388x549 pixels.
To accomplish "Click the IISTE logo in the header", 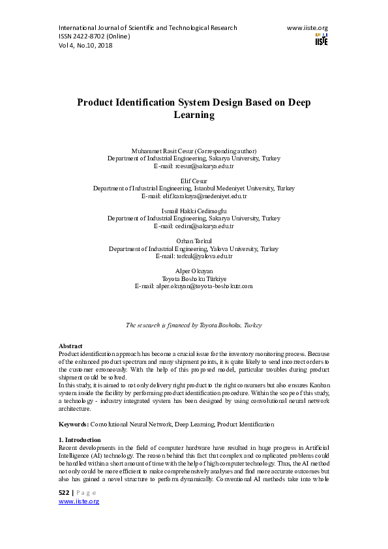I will [x=321, y=38].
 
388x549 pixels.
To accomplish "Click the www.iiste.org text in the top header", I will [x=307, y=28].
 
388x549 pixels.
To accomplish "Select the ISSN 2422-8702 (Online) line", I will [x=95, y=37].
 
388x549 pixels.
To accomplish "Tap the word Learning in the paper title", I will [x=194, y=115].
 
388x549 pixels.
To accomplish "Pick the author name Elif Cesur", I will [x=194, y=181].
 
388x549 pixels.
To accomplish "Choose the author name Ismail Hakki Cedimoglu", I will [x=194, y=211].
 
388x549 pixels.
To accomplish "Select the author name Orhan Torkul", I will [x=194, y=241].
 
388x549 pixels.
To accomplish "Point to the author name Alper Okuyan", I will [x=194, y=271].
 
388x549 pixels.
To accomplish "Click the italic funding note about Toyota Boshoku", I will [x=194, y=324].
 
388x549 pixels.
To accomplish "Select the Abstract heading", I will [x=70, y=346].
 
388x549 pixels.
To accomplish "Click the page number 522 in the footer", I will [x=63, y=492].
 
